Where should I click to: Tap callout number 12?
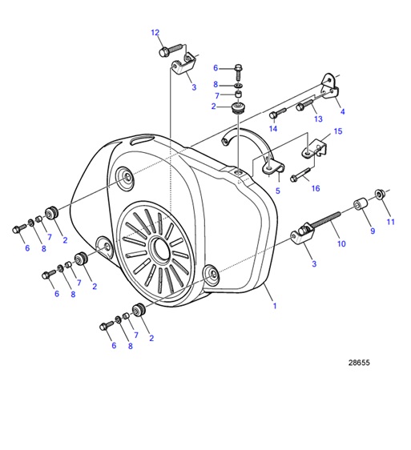(155, 33)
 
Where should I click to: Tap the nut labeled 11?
(381, 195)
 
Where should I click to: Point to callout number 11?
(390, 221)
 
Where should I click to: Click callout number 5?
(277, 191)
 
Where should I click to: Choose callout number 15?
(337, 131)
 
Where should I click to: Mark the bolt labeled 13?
(304, 104)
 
